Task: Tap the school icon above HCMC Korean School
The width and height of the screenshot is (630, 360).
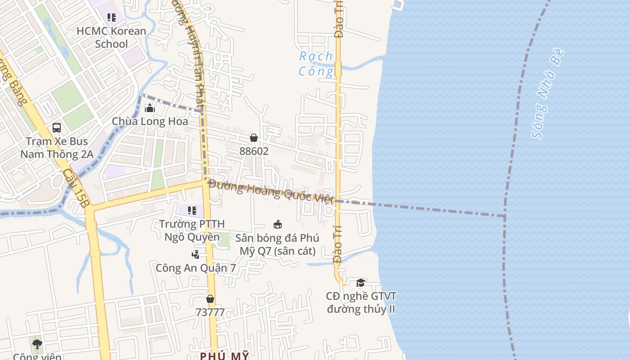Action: [x=111, y=18]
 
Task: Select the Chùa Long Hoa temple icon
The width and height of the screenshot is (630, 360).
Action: [x=149, y=108]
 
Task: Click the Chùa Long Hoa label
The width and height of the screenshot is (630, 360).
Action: [x=150, y=121]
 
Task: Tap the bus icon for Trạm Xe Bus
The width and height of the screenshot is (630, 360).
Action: [x=57, y=128]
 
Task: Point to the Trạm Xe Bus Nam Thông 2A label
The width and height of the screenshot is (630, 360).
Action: [x=57, y=148]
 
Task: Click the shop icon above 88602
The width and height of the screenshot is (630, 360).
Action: [x=254, y=138]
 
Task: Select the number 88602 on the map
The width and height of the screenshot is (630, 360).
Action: [x=254, y=151]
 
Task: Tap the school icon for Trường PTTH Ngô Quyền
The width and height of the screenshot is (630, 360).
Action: [x=192, y=210]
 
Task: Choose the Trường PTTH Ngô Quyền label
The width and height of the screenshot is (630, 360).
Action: [x=192, y=230]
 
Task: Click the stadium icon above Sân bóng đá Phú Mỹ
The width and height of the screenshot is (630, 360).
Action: [x=278, y=224]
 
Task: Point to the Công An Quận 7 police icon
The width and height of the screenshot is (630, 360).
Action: [x=195, y=255]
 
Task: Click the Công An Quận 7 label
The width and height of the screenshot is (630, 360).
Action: [x=196, y=268]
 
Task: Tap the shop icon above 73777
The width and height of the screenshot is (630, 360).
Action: [x=210, y=299]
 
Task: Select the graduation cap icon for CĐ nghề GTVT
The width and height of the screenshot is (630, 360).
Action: [x=361, y=283]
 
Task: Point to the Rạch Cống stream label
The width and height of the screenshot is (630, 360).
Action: [x=316, y=63]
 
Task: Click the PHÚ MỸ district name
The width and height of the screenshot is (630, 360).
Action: [x=224, y=356]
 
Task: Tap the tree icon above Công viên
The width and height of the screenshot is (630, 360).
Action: [x=37, y=345]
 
